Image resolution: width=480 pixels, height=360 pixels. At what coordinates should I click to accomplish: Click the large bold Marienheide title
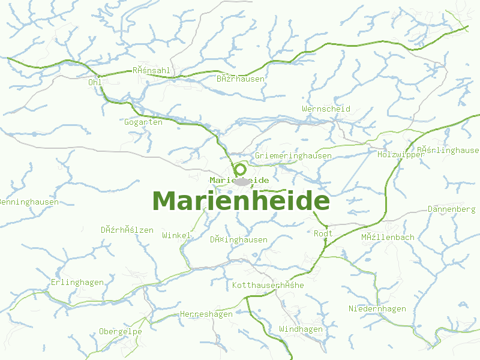pyautogui.click(x=241, y=201)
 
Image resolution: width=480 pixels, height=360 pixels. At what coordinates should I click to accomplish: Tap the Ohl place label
pyautogui.click(x=94, y=82)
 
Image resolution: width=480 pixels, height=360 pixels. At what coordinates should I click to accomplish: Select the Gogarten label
pyautogui.click(x=143, y=122)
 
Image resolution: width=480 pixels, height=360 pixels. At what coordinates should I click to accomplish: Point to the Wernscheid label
pyautogui.click(x=326, y=109)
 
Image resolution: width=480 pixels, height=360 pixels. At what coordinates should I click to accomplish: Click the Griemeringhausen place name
pyautogui.click(x=293, y=156)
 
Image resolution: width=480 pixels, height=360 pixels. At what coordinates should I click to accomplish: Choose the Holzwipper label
pyautogui.click(x=401, y=155)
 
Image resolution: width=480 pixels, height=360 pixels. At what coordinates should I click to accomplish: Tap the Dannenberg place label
pyautogui.click(x=452, y=209)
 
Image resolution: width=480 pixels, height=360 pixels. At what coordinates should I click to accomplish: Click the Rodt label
pyautogui.click(x=323, y=233)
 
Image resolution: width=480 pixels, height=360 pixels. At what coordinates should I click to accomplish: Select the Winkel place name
pyautogui.click(x=176, y=236)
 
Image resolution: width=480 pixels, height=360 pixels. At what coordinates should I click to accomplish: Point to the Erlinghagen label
pyautogui.click(x=77, y=283)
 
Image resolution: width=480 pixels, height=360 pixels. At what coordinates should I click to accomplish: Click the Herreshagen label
pyautogui.click(x=206, y=314)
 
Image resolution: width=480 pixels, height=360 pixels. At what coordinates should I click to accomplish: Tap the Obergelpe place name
pyautogui.click(x=121, y=332)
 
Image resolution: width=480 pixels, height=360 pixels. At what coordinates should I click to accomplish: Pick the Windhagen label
pyautogui.click(x=301, y=329)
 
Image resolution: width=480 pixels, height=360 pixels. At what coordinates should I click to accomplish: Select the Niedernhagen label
pyautogui.click(x=377, y=309)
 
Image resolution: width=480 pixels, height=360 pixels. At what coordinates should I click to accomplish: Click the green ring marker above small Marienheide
pyautogui.click(x=241, y=169)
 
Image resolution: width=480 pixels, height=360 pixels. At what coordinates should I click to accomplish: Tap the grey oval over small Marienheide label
pyautogui.click(x=242, y=181)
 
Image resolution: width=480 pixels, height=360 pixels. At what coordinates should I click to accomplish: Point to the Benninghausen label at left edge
pyautogui.click(x=29, y=202)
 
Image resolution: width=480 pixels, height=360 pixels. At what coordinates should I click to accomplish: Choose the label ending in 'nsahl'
pyautogui.click(x=152, y=71)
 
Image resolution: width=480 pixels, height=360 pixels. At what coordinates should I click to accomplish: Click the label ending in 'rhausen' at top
pyautogui.click(x=241, y=79)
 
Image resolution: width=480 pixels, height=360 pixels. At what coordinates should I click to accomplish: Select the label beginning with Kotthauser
pyautogui.click(x=268, y=286)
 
